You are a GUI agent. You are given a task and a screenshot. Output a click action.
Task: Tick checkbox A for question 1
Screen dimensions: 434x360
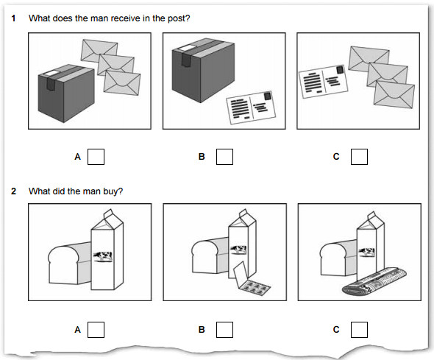(96, 157)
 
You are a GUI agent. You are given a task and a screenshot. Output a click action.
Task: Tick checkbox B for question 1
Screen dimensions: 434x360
(224, 157)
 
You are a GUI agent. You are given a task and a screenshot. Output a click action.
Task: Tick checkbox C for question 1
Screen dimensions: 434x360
(359, 157)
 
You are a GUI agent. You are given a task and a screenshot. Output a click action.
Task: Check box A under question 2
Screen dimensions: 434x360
(96, 330)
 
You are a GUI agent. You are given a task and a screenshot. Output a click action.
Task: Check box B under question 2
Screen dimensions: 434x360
(224, 330)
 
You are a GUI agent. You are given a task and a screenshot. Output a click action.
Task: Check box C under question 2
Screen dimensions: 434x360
(359, 330)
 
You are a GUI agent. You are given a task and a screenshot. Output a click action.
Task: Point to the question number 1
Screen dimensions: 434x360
(13, 18)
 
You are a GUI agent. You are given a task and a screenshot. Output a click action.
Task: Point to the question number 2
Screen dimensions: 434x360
(13, 191)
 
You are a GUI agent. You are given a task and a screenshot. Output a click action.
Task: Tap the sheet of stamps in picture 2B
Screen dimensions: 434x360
(252, 280)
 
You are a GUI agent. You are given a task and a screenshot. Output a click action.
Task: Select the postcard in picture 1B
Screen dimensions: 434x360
(251, 107)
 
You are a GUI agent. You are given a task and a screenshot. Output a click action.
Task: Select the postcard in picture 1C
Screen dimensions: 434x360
(323, 82)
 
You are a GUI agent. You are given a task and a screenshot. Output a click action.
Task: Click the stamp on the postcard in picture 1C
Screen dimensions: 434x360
(340, 70)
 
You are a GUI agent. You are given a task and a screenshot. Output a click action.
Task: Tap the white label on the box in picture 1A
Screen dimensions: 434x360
(51, 73)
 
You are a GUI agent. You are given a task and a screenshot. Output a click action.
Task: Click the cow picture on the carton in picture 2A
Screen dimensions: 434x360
(103, 256)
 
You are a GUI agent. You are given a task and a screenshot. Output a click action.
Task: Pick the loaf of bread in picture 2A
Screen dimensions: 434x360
(69, 264)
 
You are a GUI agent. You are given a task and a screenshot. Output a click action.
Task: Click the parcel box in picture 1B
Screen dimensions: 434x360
(203, 71)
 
